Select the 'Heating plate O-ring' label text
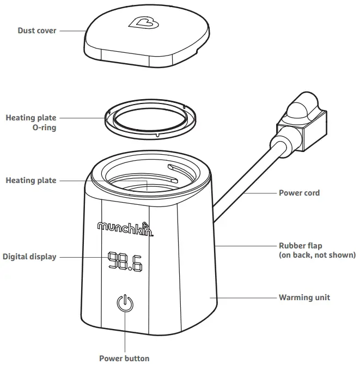tap(30, 123)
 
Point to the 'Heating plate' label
tap(30, 180)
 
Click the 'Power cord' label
tap(299, 192)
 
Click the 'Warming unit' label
tap(304, 297)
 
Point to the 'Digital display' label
tap(29, 256)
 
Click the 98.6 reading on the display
tap(125, 261)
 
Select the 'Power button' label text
tap(124, 358)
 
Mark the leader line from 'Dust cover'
tap(72, 31)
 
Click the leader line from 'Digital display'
tap(82, 256)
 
